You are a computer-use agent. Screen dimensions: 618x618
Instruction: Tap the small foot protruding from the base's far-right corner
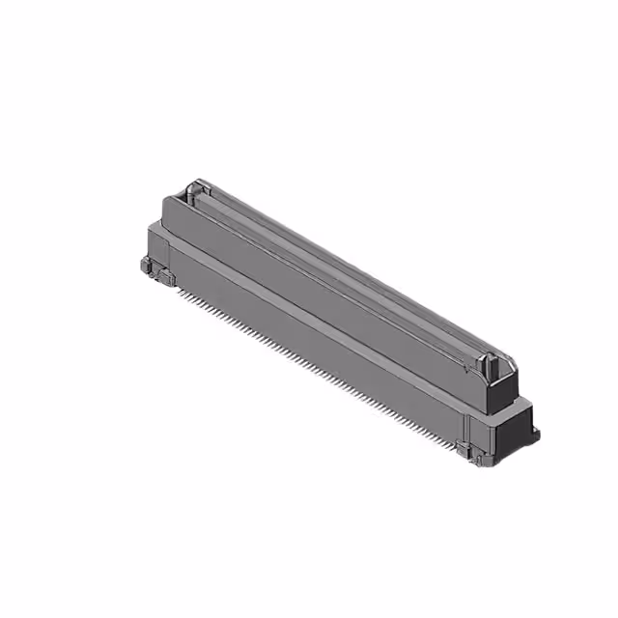click(x=534, y=434)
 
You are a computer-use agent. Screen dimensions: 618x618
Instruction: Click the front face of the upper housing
click(x=319, y=290)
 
